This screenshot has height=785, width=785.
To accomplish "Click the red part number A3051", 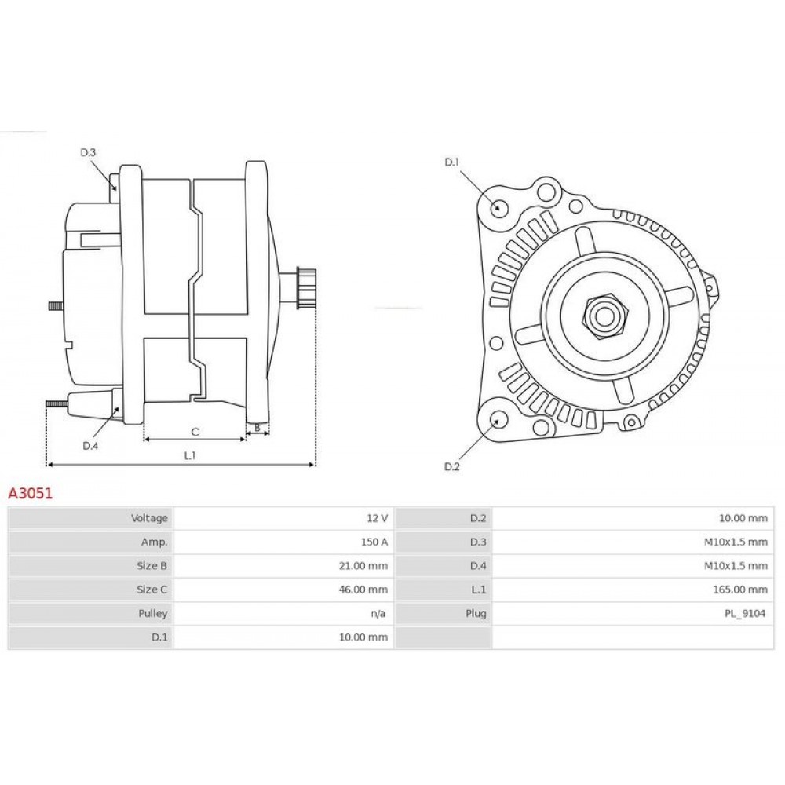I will pyautogui.click(x=29, y=494).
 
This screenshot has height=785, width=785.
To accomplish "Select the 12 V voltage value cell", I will pyautogui.click(x=378, y=518).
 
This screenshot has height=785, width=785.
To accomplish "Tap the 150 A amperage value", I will pyautogui.click(x=374, y=542).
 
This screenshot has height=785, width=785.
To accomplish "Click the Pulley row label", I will pyautogui.click(x=153, y=613).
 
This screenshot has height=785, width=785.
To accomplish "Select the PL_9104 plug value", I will pyautogui.click(x=747, y=613).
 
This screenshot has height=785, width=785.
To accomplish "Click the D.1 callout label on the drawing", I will pyautogui.click(x=451, y=162).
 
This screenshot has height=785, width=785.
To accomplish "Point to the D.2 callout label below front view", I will pyautogui.click(x=451, y=467).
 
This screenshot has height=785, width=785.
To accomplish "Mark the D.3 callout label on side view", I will pyautogui.click(x=88, y=152).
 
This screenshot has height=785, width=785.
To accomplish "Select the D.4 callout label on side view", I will pyautogui.click(x=90, y=446).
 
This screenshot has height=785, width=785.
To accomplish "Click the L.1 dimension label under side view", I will pyautogui.click(x=189, y=455).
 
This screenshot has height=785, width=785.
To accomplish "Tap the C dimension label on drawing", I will pyautogui.click(x=195, y=431).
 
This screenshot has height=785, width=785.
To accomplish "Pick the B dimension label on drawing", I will pyautogui.click(x=257, y=429).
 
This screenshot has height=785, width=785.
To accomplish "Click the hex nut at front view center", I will pyautogui.click(x=604, y=315).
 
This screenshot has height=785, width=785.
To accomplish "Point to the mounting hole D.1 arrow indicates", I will pyautogui.click(x=498, y=207).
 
